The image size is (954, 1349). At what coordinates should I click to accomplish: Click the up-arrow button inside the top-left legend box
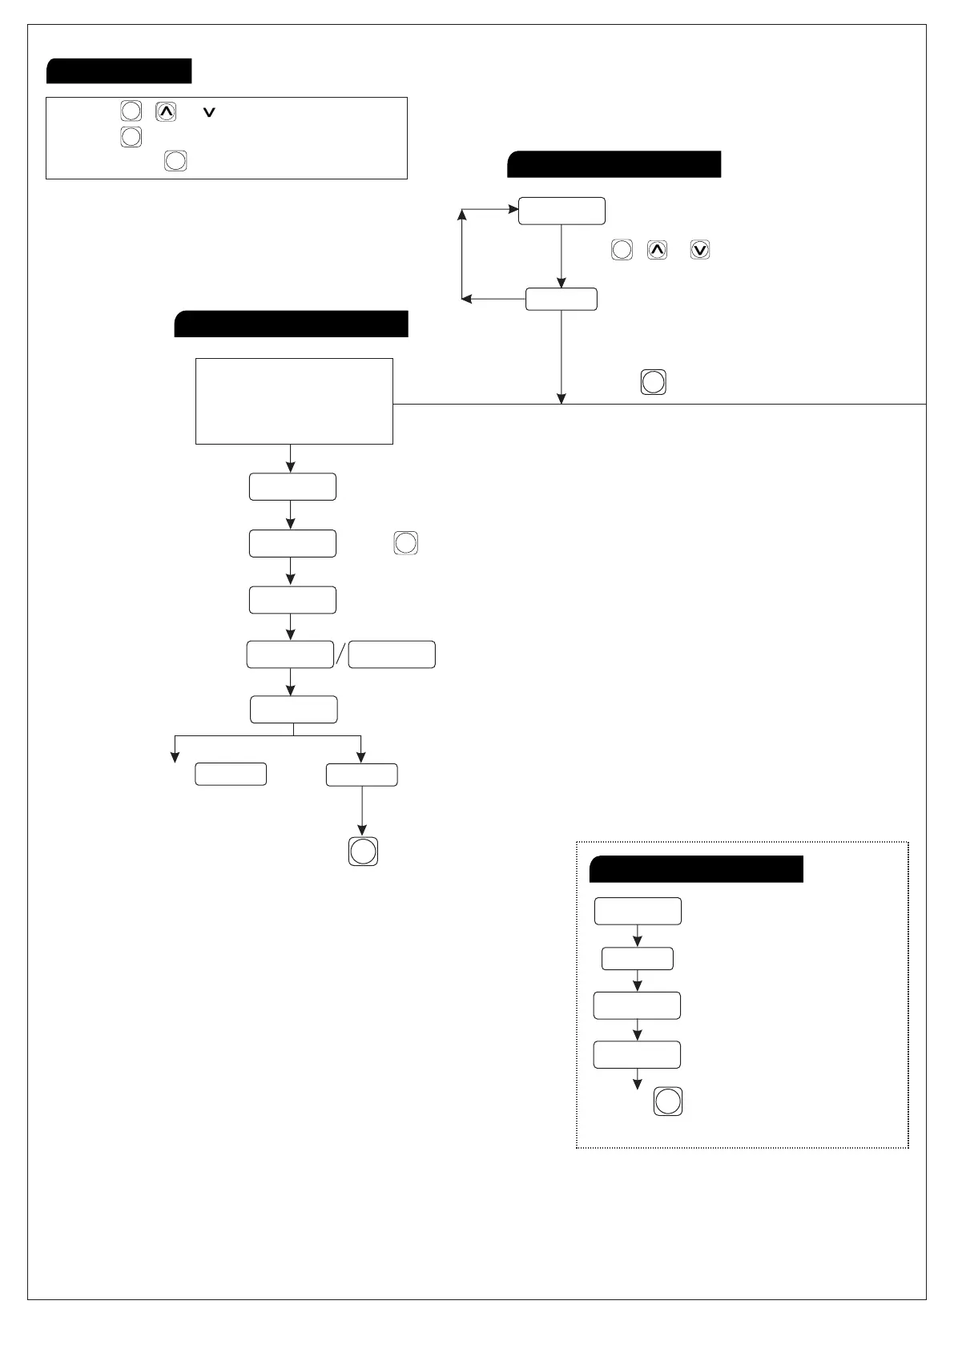[x=166, y=112]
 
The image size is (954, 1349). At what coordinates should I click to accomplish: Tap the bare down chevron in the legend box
[x=210, y=114]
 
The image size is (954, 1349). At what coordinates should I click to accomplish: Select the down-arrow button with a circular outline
[x=699, y=250]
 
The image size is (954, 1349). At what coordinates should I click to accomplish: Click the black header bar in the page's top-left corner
[x=119, y=71]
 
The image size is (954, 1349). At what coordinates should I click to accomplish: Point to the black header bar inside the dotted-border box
[x=696, y=869]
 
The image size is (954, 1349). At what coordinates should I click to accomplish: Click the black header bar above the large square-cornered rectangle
[x=292, y=324]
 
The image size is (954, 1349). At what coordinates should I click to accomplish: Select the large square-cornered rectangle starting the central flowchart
[x=294, y=401]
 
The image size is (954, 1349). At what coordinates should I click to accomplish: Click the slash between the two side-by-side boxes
[x=340, y=654]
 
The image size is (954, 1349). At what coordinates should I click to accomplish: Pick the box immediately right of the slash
[x=392, y=654]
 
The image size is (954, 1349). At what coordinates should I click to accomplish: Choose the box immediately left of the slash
[x=290, y=654]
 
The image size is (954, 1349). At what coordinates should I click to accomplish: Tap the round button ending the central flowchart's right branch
[x=363, y=851]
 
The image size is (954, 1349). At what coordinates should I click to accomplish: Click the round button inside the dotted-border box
[x=668, y=1101]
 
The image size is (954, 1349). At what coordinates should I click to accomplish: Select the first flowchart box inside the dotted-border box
[x=638, y=912]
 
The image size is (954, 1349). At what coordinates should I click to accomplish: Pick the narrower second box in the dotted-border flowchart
[x=638, y=959]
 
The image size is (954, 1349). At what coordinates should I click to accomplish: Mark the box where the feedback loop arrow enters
[x=562, y=211]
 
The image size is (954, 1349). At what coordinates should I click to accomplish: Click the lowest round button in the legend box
[x=175, y=161]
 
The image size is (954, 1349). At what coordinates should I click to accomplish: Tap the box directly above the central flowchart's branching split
[x=294, y=710]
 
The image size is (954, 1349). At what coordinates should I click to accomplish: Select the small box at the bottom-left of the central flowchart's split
[x=231, y=774]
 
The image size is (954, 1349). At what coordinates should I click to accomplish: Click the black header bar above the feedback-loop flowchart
[x=614, y=164]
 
